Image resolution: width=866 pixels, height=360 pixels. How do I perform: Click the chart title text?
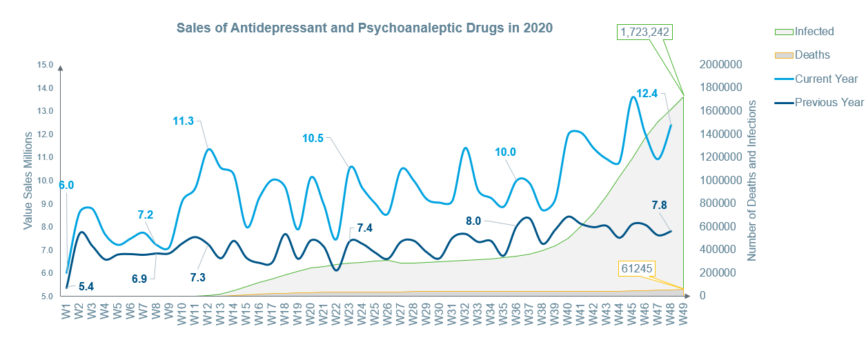[x=364, y=28]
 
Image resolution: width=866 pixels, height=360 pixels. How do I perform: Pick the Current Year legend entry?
[x=826, y=79]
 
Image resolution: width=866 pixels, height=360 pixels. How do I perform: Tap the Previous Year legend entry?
[x=829, y=102]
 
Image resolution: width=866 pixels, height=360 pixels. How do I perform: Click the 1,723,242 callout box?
[x=645, y=32]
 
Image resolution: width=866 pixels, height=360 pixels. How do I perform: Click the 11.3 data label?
[x=184, y=121]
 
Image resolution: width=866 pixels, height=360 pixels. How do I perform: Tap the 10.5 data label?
[x=313, y=138]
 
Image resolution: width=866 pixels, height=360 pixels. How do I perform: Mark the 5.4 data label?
[x=86, y=286]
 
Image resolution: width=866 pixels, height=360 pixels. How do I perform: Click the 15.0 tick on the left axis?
[x=46, y=65]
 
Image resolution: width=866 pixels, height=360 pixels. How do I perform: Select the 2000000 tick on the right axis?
[x=720, y=65]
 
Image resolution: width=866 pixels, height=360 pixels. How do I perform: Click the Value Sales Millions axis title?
[x=28, y=181]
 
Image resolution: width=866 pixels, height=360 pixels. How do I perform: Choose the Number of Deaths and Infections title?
[x=752, y=180]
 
